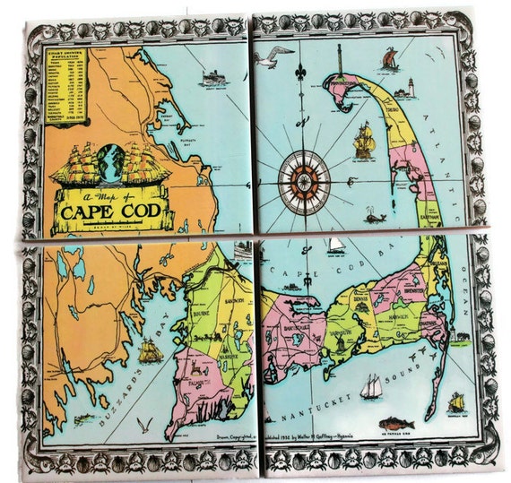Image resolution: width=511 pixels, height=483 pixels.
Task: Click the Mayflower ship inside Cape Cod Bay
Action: [x=363, y=137]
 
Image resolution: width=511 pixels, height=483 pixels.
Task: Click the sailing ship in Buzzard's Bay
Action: [x=150, y=349]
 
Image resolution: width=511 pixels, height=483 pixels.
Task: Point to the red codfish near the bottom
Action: [x=394, y=422]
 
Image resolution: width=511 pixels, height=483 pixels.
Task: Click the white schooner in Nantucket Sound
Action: [x=371, y=386]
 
